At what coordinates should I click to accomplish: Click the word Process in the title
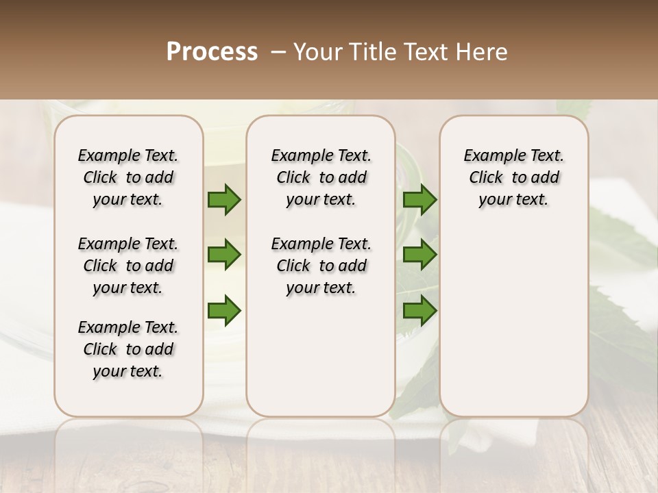click(x=212, y=52)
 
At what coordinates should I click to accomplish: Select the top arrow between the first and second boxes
click(x=224, y=200)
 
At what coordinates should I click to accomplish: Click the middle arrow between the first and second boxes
click(x=224, y=255)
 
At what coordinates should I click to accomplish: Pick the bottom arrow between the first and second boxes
click(x=224, y=310)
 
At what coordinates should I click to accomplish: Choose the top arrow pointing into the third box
click(x=419, y=200)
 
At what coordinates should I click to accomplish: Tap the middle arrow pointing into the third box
click(x=419, y=255)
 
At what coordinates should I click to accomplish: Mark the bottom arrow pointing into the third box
click(x=419, y=310)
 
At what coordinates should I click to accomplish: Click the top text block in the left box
click(x=128, y=177)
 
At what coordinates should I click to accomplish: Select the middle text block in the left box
click(x=128, y=266)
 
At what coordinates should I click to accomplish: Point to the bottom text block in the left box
click(x=128, y=349)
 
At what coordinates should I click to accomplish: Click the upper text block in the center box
click(x=321, y=177)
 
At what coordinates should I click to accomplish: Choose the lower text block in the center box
click(x=321, y=266)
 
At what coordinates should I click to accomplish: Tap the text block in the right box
click(x=513, y=177)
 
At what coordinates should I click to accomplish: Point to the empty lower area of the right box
click(x=513, y=315)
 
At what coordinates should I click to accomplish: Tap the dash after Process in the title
click(x=278, y=52)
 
